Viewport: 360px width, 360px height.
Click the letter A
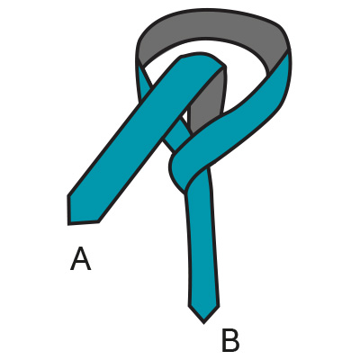pyautogui.click(x=80, y=259)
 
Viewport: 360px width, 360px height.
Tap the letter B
pyautogui.click(x=230, y=340)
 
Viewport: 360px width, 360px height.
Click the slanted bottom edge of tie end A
pyautogui.click(x=84, y=223)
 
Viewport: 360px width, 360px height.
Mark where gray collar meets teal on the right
pyautogui.click(x=281, y=61)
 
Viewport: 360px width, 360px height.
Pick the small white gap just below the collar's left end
pyautogui.click(x=149, y=73)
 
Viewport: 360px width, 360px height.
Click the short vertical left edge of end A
pyautogui.click(x=68, y=210)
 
